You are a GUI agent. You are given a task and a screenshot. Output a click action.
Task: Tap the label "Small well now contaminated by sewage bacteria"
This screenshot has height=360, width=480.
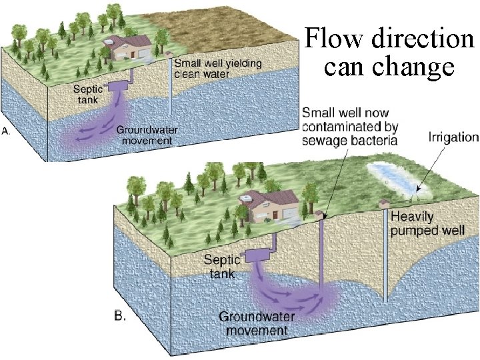(x=349, y=125)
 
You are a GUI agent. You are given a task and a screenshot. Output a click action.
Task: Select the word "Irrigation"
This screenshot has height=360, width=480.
(x=453, y=138)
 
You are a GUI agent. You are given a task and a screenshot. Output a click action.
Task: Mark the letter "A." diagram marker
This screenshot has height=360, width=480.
(x=6, y=132)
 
